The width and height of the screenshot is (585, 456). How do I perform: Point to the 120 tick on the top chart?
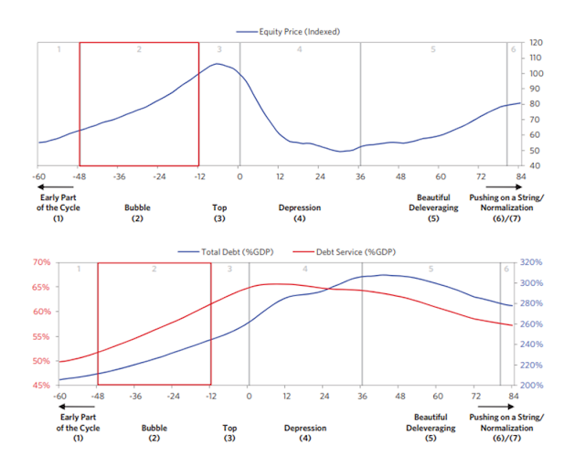click(x=536, y=43)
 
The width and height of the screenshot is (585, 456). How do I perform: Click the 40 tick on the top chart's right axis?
click(x=534, y=165)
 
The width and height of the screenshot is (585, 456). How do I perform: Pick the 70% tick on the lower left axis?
click(x=41, y=262)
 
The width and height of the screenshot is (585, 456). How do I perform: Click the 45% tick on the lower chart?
click(x=41, y=386)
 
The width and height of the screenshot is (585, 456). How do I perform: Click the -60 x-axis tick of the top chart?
click(x=38, y=176)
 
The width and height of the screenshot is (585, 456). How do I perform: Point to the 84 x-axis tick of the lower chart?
click(x=513, y=398)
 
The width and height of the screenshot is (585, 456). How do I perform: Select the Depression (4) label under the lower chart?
click(x=304, y=432)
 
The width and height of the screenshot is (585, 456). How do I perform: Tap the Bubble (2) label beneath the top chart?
click(x=137, y=212)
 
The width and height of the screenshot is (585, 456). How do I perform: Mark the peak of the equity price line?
click(x=218, y=64)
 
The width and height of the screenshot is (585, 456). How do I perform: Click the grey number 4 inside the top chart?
click(x=299, y=48)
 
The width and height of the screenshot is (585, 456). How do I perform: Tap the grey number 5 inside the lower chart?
click(x=430, y=269)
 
